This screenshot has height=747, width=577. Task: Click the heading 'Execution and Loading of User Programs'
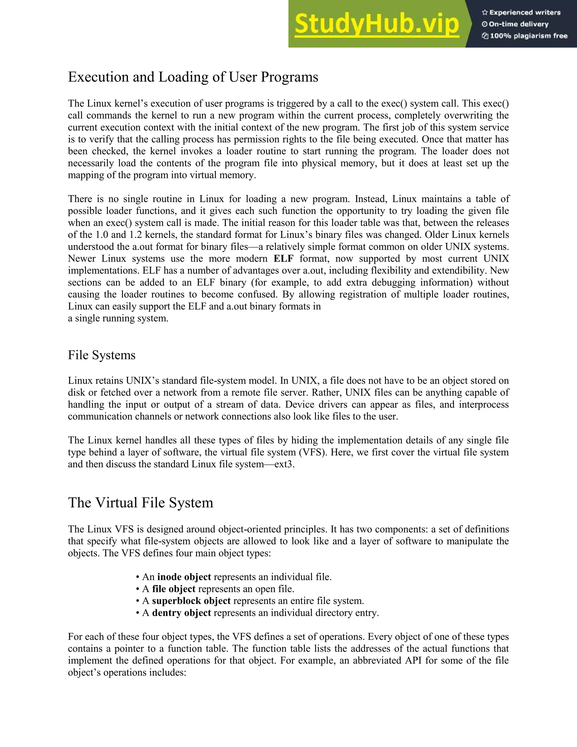click(193, 77)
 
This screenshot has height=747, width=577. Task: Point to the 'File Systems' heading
click(101, 355)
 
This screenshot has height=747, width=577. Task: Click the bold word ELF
click(283, 258)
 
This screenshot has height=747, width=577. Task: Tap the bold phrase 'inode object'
click(184, 577)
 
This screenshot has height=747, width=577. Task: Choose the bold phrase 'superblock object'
click(191, 601)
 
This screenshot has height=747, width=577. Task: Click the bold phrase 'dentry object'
click(181, 613)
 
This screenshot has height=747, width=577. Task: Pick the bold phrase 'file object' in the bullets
click(174, 589)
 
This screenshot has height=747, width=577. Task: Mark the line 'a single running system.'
click(118, 319)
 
